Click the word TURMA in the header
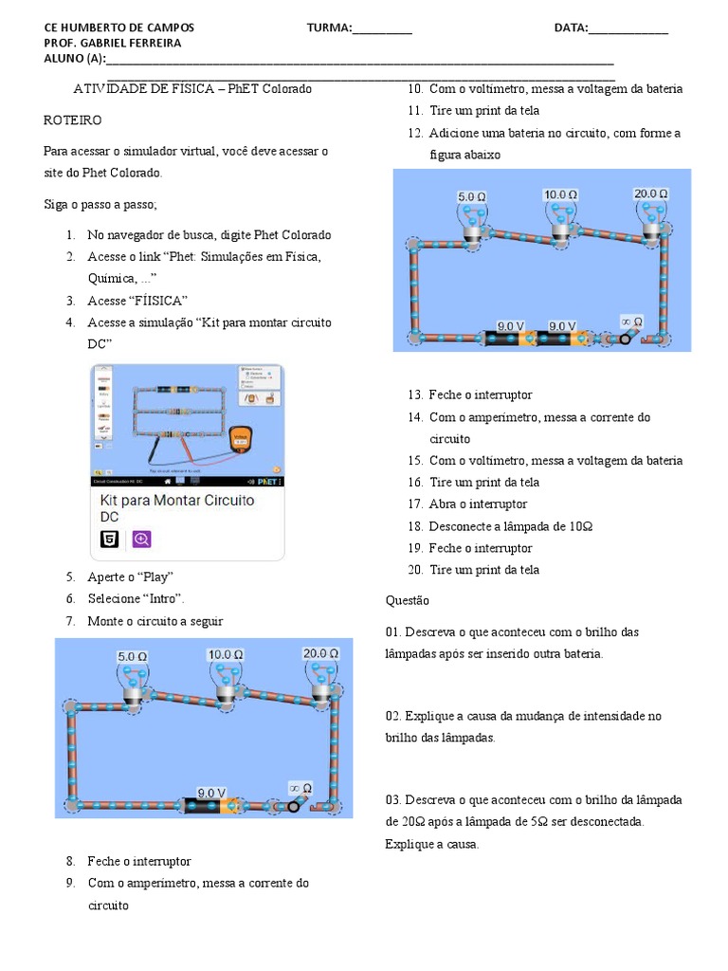pyautogui.click(x=329, y=27)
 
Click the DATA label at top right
pyautogui.click(x=571, y=27)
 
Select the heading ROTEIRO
pyautogui.click(x=73, y=121)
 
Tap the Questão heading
pyautogui.click(x=408, y=600)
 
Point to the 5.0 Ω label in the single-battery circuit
pyautogui.click(x=133, y=656)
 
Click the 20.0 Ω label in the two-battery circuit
pyautogui.click(x=650, y=193)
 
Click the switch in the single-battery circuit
pyautogui.click(x=292, y=804)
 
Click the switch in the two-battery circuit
pyautogui.click(x=627, y=338)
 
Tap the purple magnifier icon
pyautogui.click(x=141, y=540)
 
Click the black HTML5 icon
pyautogui.click(x=110, y=540)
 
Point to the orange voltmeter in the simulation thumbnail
pyautogui.click(x=242, y=438)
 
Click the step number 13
pyautogui.click(x=415, y=394)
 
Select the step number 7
pyautogui.click(x=70, y=621)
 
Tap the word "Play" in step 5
pyautogui.click(x=157, y=577)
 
